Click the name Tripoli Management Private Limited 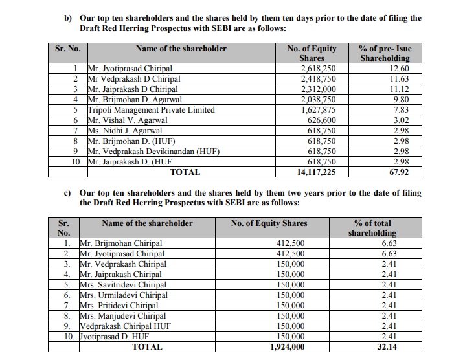tap(150, 110)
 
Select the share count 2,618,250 tap(316, 69)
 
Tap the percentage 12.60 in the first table tap(396, 69)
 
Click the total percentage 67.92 tap(396, 172)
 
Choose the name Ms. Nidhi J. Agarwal tap(126, 131)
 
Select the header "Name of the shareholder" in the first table tap(181, 49)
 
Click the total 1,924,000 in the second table tap(287, 347)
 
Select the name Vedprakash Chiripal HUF tap(125, 326)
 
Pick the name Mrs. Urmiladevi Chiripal tap(123, 295)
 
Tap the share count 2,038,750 tap(316, 100)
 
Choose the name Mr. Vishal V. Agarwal tap(128, 120)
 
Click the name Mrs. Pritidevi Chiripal tap(120, 306)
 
